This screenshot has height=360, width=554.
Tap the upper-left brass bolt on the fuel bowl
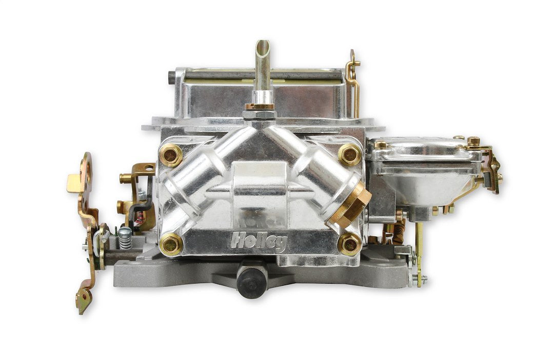(170, 155)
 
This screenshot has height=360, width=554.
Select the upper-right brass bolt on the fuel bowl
(350, 154)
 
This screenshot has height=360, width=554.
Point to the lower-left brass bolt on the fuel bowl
(170, 244)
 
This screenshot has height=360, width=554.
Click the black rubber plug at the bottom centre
(251, 281)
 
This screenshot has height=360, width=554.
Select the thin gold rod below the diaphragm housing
(420, 251)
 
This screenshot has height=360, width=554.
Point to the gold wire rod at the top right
(353, 77)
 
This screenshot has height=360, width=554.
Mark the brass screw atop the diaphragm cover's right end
(473, 140)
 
